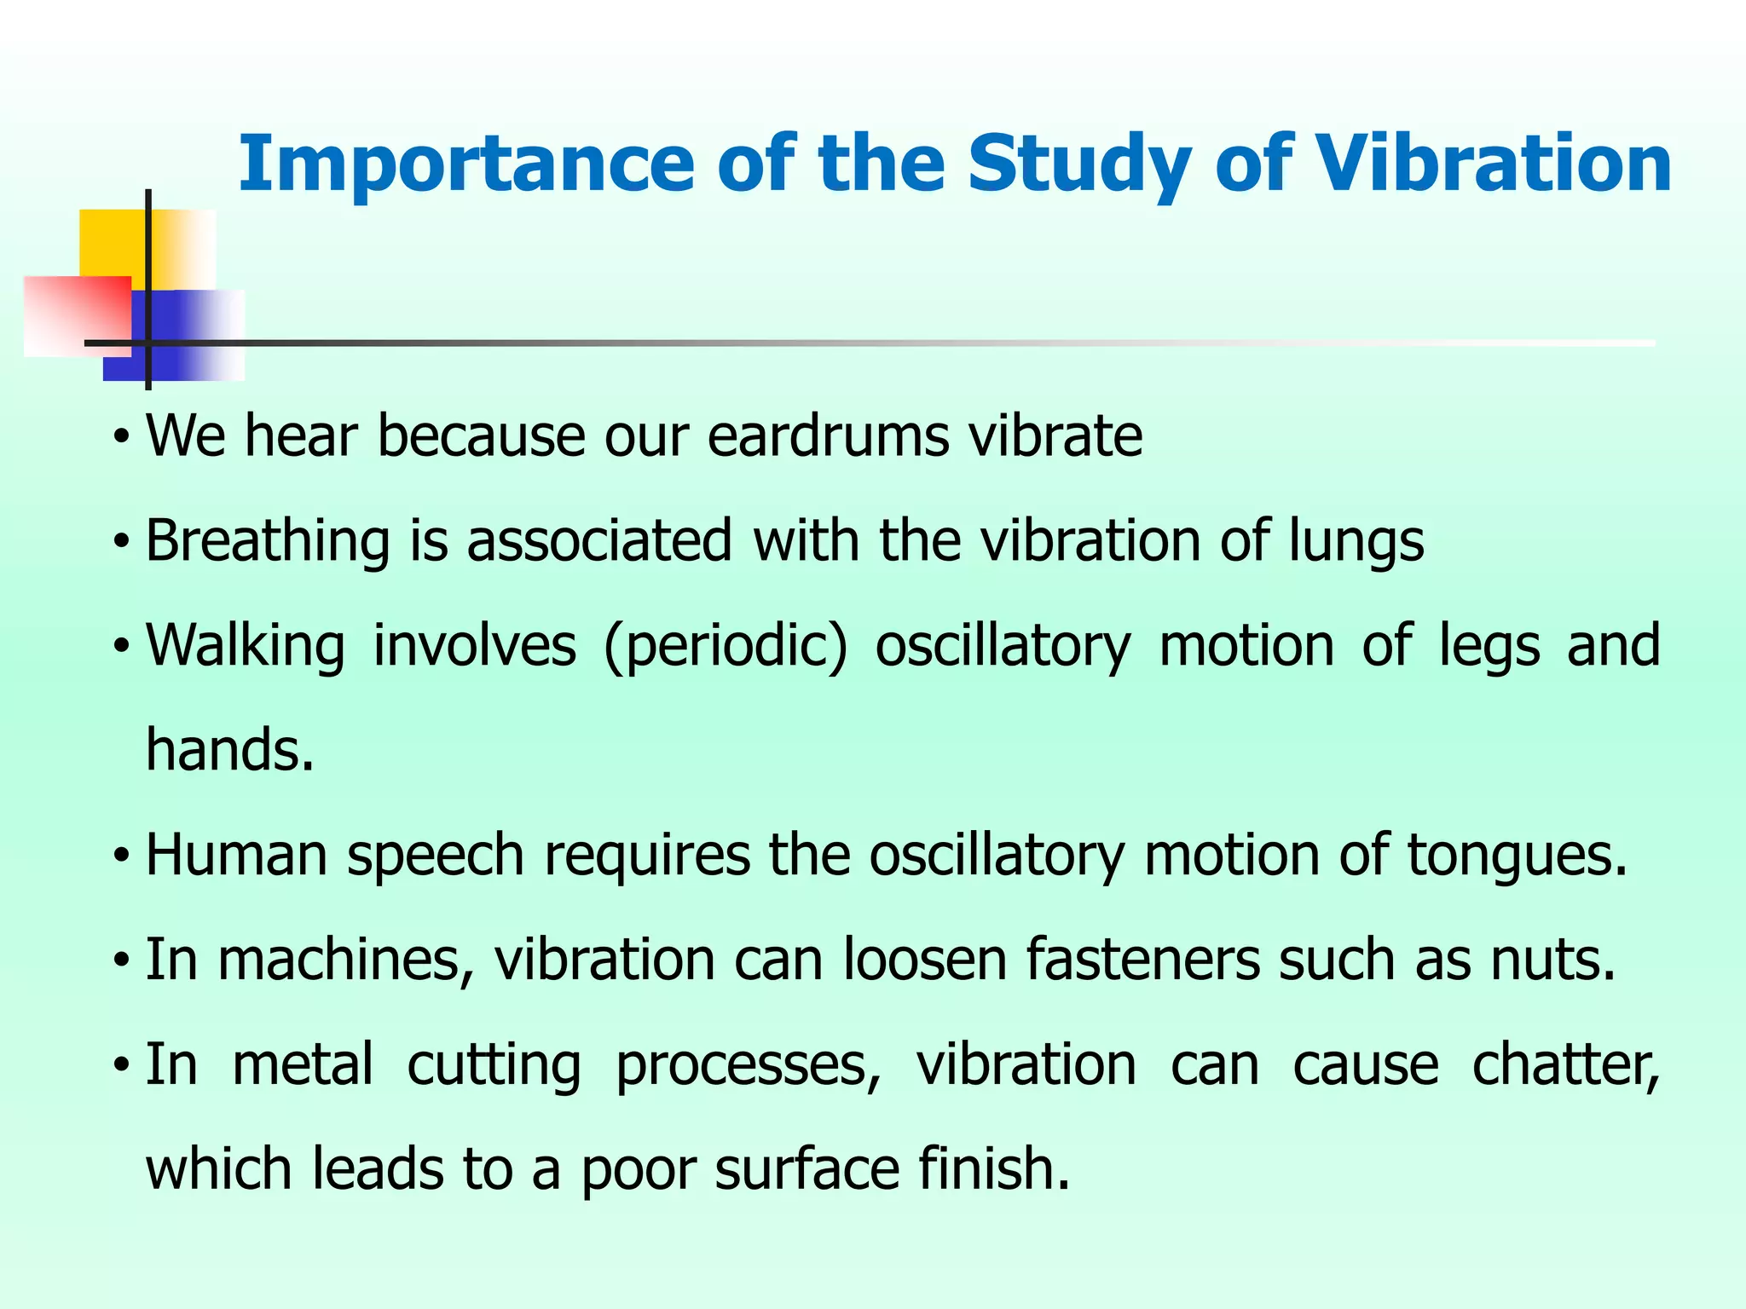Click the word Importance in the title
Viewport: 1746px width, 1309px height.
click(465, 164)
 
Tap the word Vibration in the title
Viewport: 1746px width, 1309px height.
click(1493, 164)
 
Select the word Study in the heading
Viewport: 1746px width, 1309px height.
click(1078, 164)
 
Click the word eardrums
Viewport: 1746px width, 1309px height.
click(828, 436)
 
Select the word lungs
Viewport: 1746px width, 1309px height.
click(1356, 541)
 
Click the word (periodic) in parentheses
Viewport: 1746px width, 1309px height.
click(725, 646)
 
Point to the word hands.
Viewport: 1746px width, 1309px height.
click(229, 750)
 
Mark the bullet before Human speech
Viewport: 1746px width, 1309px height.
click(122, 855)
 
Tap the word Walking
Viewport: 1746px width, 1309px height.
click(246, 646)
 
